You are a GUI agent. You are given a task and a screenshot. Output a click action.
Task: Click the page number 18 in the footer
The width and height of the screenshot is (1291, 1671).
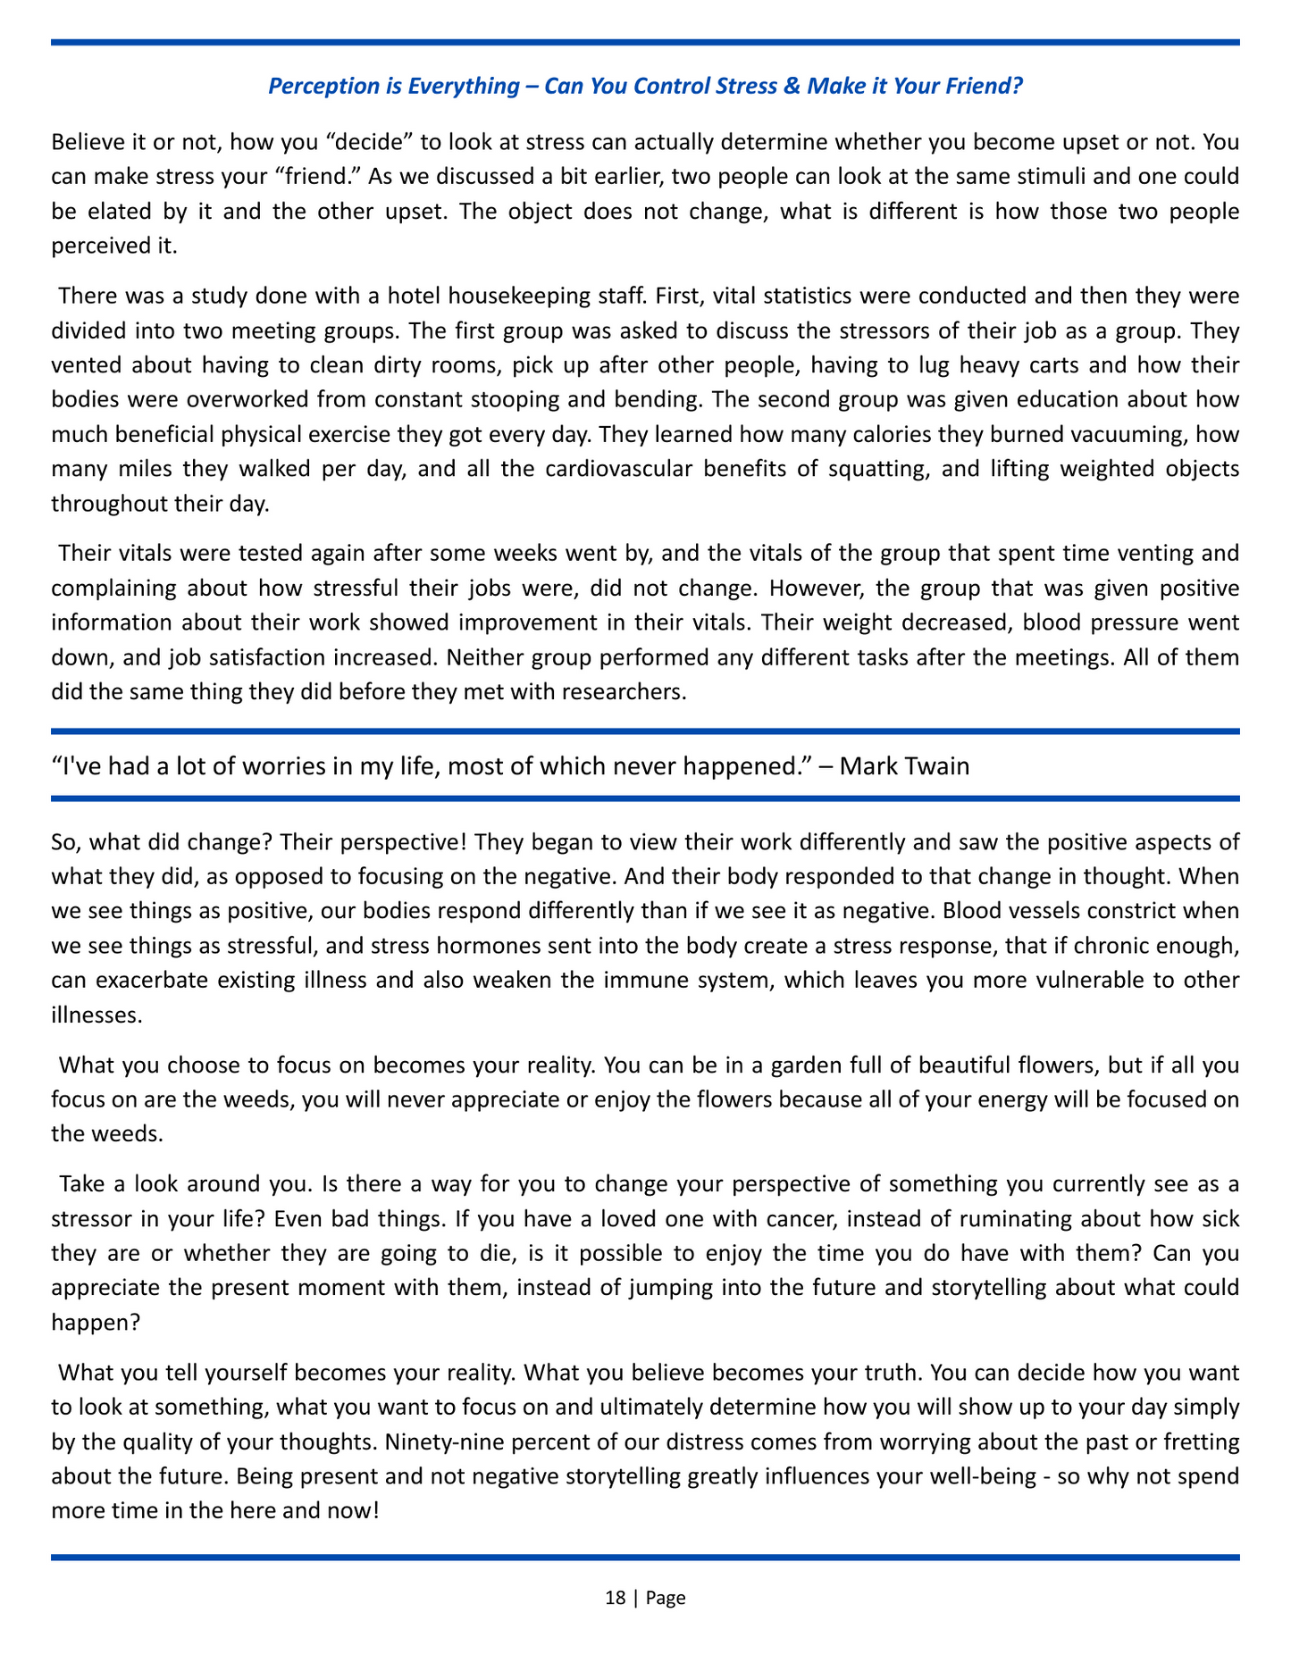[615, 1598]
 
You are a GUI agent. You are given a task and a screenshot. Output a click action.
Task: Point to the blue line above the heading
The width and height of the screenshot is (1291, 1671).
[645, 42]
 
